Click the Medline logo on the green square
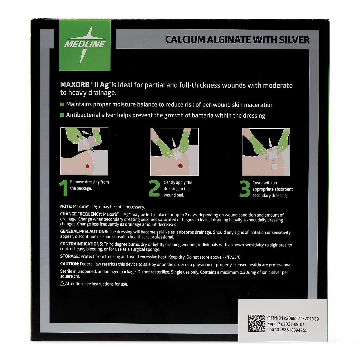(x=85, y=45)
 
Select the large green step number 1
(x=64, y=187)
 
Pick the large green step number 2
(x=154, y=188)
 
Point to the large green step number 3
(x=245, y=189)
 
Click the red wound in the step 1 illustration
(x=87, y=166)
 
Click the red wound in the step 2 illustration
(x=180, y=166)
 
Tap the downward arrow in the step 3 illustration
(x=270, y=142)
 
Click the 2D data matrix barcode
(x=256, y=323)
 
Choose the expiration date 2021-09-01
(x=294, y=324)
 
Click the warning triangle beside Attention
(x=62, y=283)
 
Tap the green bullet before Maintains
(x=62, y=104)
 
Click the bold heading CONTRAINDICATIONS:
(x=82, y=244)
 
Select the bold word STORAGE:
(x=70, y=256)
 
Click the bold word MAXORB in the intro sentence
(x=75, y=85)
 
